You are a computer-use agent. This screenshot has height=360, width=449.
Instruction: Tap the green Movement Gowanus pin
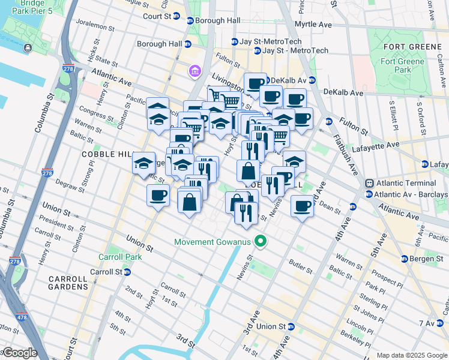[261, 242]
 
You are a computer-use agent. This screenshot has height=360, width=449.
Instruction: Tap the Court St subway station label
[157, 16]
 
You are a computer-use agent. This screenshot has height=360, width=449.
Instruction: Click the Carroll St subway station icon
[128, 272]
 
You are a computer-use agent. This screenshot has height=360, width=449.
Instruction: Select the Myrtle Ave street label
[313, 25]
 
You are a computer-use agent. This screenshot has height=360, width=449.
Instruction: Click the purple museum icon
[195, 72]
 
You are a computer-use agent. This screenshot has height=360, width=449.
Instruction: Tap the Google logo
[19, 353]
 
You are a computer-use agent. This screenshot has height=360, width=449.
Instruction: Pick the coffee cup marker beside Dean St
[302, 206]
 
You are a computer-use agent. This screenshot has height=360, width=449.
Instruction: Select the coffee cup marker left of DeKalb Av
[256, 83]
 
